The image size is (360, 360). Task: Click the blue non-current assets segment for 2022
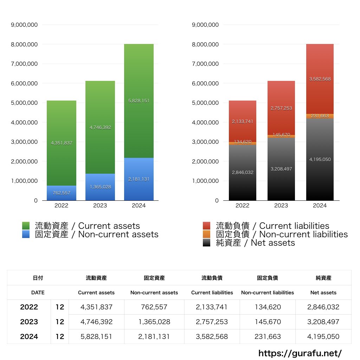click(61, 193)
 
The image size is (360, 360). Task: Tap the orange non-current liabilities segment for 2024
click(320, 116)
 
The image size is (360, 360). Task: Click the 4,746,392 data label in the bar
click(100, 128)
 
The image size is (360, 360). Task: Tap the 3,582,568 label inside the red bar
click(320, 79)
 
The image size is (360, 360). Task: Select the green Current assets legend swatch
click(27, 226)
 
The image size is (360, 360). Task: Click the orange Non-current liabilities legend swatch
click(207, 234)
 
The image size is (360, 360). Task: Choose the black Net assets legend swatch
click(207, 243)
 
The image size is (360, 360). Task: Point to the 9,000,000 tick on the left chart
click(25, 25)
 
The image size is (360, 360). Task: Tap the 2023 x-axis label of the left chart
click(100, 206)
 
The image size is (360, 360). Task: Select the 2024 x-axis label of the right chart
click(320, 206)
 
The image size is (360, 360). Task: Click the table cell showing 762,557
click(154, 307)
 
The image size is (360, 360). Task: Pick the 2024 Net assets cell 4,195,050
click(323, 336)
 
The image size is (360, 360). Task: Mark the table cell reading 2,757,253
click(212, 322)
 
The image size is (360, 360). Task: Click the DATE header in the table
click(38, 292)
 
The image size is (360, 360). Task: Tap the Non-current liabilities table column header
click(267, 292)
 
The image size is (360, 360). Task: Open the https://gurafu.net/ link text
click(300, 353)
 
